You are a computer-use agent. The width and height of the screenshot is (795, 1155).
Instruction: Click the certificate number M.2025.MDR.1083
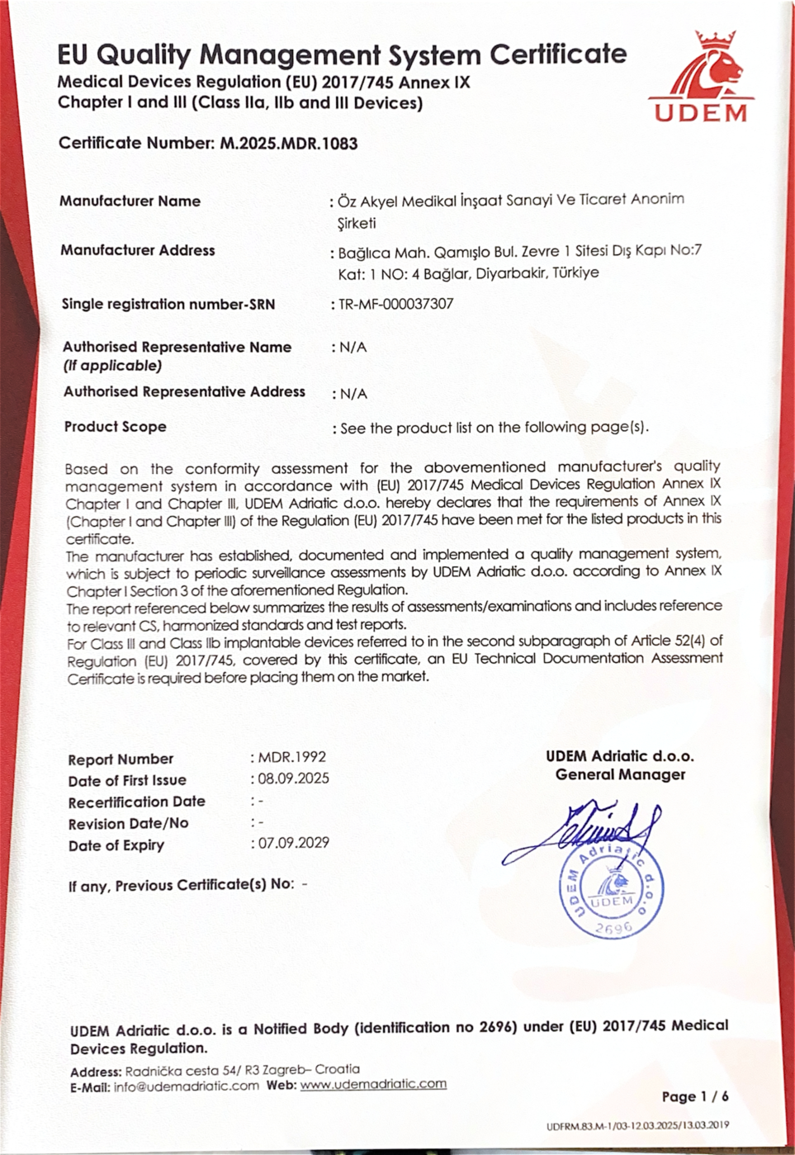click(288, 144)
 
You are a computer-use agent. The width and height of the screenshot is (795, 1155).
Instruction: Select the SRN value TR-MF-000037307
click(396, 304)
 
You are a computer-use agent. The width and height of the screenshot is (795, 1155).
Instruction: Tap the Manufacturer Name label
click(130, 201)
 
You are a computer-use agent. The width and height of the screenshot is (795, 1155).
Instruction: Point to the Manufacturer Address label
click(138, 250)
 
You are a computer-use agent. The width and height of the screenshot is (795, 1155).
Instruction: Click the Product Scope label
click(116, 427)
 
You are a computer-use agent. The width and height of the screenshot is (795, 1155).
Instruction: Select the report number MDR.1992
click(292, 757)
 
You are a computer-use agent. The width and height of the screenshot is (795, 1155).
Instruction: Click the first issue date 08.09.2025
click(294, 779)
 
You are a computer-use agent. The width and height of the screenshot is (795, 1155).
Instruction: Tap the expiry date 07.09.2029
click(294, 843)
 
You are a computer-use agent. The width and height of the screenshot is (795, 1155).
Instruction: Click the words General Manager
click(620, 775)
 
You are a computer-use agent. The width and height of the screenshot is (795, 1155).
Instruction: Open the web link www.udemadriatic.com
click(373, 1085)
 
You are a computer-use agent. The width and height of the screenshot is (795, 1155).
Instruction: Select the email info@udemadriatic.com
click(187, 1086)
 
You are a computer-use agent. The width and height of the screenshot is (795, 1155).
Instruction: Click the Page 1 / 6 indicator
click(695, 1096)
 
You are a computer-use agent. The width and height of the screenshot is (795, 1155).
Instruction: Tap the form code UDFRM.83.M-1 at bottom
click(637, 1126)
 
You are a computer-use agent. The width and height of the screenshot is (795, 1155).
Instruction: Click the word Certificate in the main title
click(558, 54)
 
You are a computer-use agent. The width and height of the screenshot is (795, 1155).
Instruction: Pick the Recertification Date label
click(137, 802)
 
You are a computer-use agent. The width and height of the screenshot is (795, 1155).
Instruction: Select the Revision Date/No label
click(128, 824)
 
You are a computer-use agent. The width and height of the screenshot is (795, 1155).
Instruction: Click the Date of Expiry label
click(116, 845)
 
